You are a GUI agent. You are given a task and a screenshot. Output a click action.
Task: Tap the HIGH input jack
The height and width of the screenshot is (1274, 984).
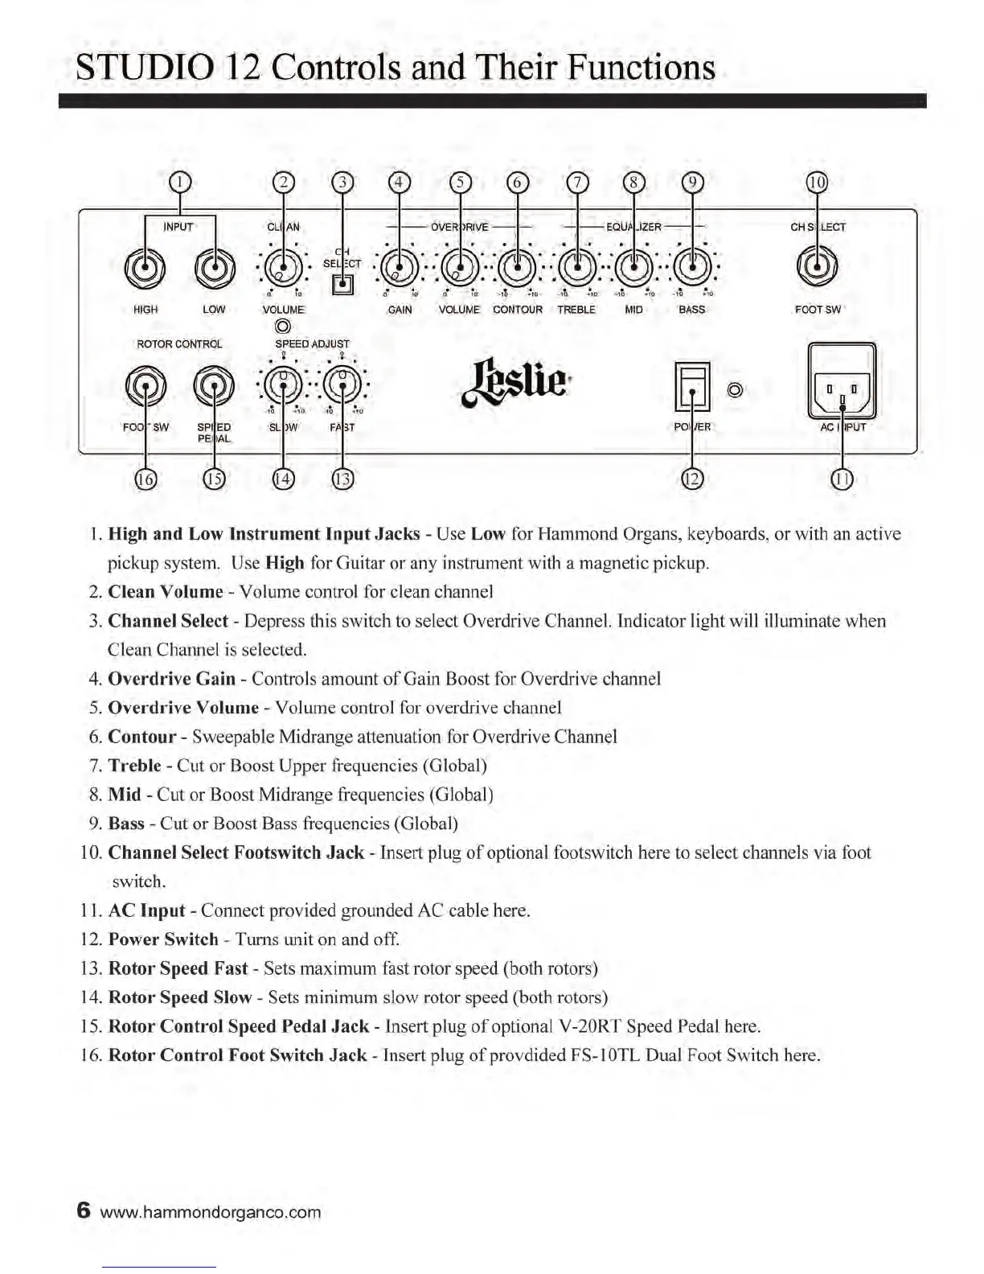146,269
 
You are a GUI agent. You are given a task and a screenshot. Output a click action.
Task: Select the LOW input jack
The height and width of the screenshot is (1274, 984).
215,269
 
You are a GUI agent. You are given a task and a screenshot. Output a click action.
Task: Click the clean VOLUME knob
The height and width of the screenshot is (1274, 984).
283,266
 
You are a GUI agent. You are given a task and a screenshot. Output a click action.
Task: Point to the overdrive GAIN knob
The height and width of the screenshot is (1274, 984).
400,266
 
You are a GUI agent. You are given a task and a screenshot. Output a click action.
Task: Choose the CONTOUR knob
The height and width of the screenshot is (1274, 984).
518,266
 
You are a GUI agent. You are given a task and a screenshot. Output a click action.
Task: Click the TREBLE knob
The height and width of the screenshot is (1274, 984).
576,266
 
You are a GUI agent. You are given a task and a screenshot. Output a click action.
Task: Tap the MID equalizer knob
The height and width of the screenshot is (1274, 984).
634,266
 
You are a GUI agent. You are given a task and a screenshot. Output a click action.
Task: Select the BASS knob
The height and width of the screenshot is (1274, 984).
692,266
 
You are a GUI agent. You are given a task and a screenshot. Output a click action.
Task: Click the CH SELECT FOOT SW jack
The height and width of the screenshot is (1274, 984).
817,268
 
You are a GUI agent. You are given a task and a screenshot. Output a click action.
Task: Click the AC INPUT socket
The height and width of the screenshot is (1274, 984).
841,391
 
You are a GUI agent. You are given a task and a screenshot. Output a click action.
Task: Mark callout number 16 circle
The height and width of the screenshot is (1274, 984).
146,479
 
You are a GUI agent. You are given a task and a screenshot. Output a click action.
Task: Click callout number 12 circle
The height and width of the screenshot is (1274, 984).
692,479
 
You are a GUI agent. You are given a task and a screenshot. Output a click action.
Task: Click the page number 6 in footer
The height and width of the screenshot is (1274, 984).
84,1210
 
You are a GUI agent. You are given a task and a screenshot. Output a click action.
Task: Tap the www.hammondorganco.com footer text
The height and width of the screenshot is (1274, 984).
211,1212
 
